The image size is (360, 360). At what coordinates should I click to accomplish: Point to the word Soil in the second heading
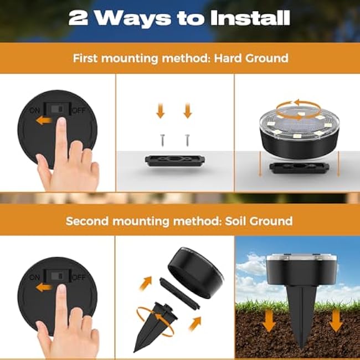[215, 221]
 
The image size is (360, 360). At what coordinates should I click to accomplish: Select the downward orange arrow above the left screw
[161, 112]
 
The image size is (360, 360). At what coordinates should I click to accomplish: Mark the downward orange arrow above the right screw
[187, 112]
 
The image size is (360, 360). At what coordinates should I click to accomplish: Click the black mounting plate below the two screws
[174, 160]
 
